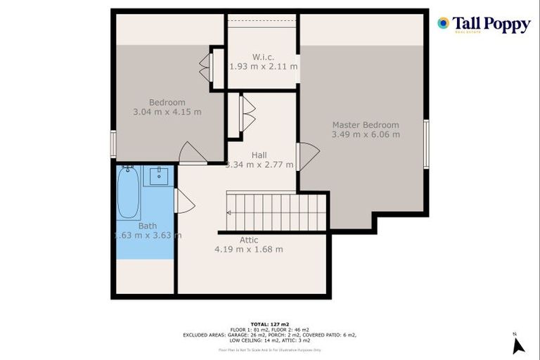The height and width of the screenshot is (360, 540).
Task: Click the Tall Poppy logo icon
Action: click(x=443, y=24)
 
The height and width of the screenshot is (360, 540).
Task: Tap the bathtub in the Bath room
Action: click(x=128, y=192)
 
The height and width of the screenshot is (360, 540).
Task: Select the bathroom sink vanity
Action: click(x=158, y=175)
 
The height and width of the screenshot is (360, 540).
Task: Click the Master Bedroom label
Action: click(x=366, y=124)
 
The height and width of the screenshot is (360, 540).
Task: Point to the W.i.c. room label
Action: click(x=264, y=56)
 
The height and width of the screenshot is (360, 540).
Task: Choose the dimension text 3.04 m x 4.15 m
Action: click(x=167, y=112)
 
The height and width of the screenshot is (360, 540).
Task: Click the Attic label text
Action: click(x=249, y=240)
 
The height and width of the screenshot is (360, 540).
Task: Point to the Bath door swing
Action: click(x=183, y=202)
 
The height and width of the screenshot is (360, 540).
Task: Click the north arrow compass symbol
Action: click(x=518, y=345)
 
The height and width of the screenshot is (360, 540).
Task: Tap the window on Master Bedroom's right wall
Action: click(x=426, y=144)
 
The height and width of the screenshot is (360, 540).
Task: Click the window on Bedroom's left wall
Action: click(x=113, y=144)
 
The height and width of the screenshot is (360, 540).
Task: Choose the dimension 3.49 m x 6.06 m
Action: click(x=366, y=134)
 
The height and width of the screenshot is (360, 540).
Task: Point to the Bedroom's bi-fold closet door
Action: click(x=205, y=67)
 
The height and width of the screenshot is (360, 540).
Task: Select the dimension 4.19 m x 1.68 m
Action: click(x=249, y=249)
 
